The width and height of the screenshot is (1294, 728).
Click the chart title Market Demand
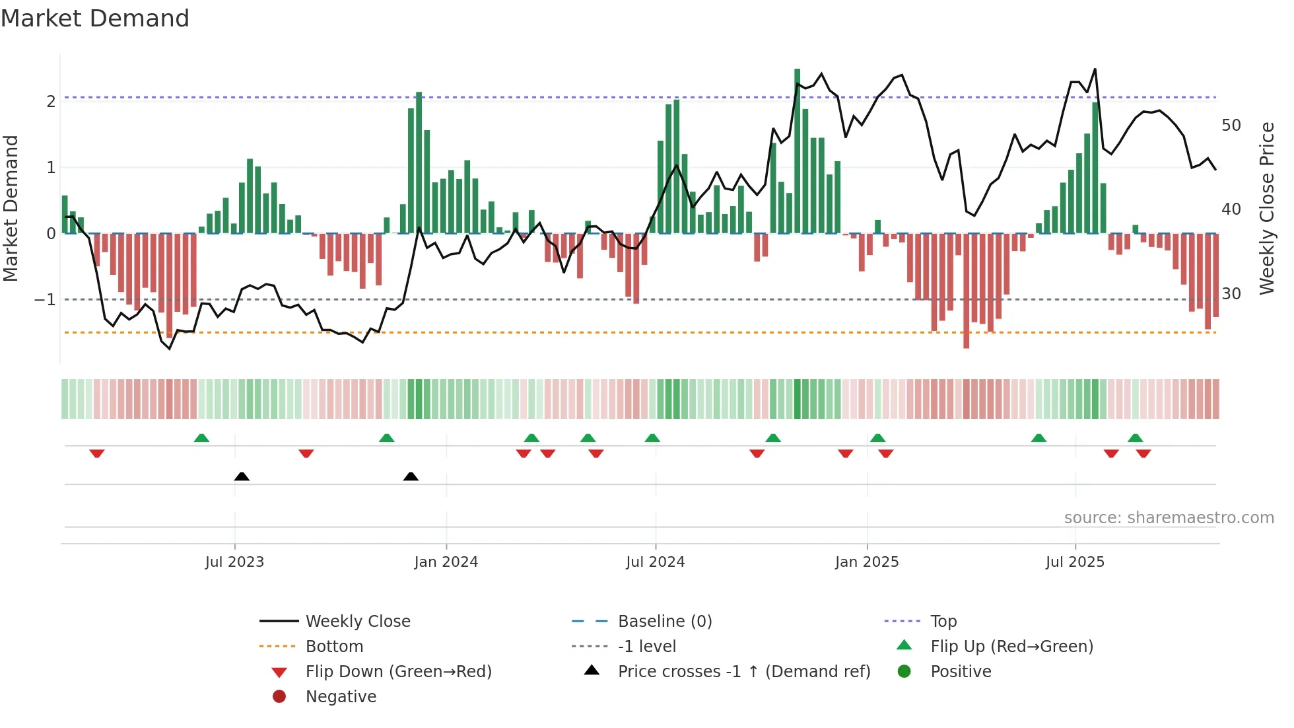click(95, 18)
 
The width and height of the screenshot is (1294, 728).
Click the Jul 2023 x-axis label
click(234, 562)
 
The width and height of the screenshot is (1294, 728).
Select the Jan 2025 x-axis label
click(866, 562)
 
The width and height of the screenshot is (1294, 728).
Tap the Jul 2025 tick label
click(1075, 562)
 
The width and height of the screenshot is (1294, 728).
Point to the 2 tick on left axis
click(51, 101)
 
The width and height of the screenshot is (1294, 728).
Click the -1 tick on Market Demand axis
click(45, 299)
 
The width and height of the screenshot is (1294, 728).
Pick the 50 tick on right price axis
click(1231, 125)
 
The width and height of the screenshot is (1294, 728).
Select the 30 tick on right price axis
click(1231, 293)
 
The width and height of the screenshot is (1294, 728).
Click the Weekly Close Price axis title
click(1266, 208)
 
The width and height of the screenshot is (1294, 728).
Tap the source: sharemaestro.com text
click(1169, 517)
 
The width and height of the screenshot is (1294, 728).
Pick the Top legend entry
click(943, 621)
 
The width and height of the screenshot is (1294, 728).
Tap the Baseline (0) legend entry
click(664, 621)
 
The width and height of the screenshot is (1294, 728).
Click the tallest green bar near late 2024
click(797, 152)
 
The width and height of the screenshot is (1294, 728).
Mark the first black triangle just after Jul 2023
click(242, 476)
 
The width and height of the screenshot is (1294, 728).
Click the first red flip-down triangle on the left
click(97, 453)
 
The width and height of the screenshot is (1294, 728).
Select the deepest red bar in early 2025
click(966, 291)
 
